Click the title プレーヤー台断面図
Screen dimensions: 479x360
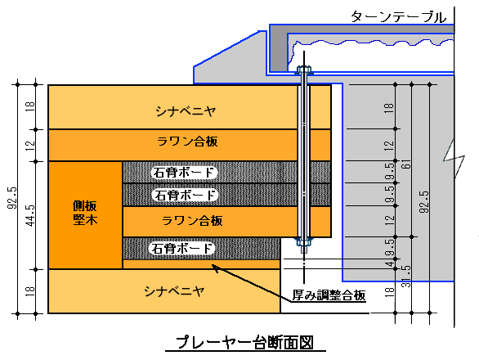[244, 342]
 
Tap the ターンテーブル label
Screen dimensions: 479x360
[398, 17]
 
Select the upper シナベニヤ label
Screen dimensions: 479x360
[186, 111]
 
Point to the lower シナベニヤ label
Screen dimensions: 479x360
[174, 291]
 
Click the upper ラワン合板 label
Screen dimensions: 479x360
[187, 142]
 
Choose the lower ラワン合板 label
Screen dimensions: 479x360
[192, 220]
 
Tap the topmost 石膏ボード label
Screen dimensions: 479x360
[183, 173]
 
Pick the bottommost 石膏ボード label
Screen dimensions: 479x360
[181, 249]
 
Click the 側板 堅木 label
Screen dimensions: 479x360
[85, 213]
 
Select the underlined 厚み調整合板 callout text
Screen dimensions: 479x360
[329, 295]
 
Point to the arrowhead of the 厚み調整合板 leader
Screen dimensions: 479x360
[213, 266]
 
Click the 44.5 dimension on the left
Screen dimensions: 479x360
[30, 216]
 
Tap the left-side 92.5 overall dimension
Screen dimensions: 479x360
[12, 198]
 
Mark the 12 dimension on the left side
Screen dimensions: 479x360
[30, 146]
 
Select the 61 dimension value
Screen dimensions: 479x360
[407, 164]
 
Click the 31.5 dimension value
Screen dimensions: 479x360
[406, 277]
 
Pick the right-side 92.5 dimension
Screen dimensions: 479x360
[424, 202]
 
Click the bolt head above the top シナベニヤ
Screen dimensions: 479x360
[304, 70]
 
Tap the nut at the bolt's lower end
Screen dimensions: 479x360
[304, 241]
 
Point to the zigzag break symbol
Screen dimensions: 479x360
[454, 159]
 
